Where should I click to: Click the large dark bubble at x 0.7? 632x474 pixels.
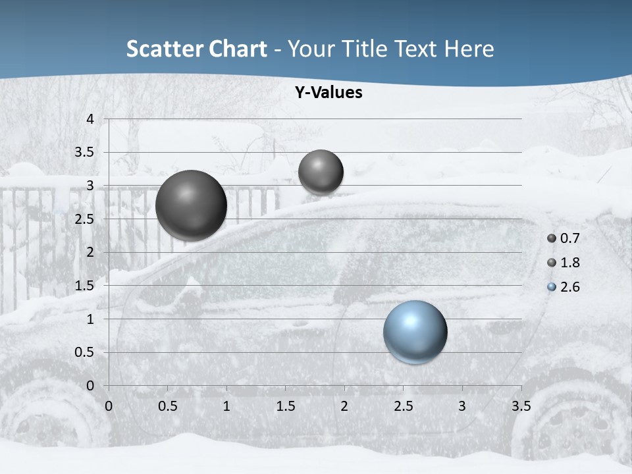191,205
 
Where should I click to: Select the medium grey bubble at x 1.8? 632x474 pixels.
321,172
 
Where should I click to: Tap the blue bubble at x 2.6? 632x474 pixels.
415,332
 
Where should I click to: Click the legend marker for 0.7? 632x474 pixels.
552,238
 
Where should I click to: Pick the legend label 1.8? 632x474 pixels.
569,263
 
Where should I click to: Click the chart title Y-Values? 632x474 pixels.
329,93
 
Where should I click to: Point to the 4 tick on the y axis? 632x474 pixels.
91,119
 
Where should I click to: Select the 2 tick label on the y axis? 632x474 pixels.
91,252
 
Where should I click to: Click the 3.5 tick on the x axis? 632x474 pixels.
521,406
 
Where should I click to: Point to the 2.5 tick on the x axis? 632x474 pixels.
403,406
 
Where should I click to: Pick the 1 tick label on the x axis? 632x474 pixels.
226,406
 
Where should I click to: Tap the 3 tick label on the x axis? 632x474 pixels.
462,406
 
